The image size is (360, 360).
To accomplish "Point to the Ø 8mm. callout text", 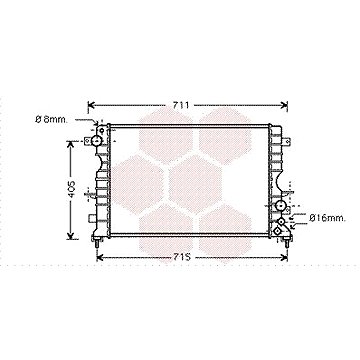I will coord(51,121).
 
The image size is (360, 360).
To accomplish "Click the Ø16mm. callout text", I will coord(326,217).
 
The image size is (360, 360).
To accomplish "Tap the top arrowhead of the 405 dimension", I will coord(70,141).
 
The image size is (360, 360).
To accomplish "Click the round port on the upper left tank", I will coord(100,136).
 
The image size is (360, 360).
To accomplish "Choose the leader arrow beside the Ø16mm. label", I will coord(300,216).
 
